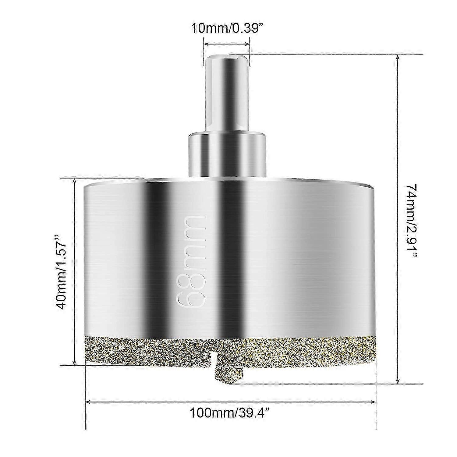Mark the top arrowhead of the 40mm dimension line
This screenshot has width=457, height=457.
(x=74, y=180)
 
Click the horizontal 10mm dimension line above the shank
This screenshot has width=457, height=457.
(x=226, y=44)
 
